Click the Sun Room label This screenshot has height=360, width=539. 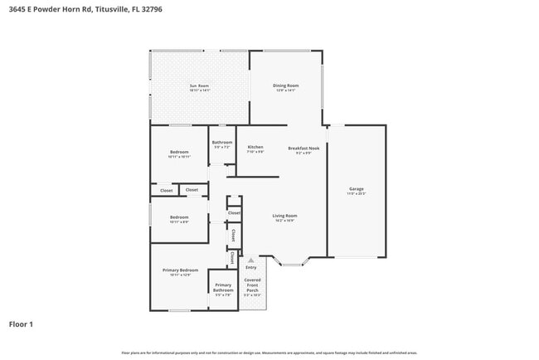pos(199,86)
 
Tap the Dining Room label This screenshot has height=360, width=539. pos(286,85)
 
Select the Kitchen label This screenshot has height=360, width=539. pos(255,148)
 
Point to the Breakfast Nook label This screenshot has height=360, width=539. pos(304,148)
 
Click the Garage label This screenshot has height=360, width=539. pos(357,190)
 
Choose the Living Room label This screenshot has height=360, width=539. pos(285,216)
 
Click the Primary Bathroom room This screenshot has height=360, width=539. pos(223,289)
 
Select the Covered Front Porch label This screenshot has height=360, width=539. pos(252,285)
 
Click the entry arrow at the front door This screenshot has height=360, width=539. pos(251,260)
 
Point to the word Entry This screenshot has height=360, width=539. pos(251,267)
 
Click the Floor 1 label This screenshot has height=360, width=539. pos(21,324)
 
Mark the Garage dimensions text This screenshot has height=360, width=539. pos(357,194)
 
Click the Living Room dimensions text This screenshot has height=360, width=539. pos(285,221)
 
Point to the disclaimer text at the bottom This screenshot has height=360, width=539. pos(269,353)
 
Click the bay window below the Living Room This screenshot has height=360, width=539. pos(293,264)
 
